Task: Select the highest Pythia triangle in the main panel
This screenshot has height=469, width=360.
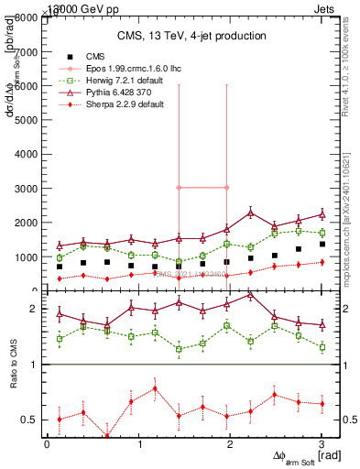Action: point(250,213)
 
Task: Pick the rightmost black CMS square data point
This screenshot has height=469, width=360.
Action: point(322,244)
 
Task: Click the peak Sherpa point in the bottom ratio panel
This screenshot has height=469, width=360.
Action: point(155,387)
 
